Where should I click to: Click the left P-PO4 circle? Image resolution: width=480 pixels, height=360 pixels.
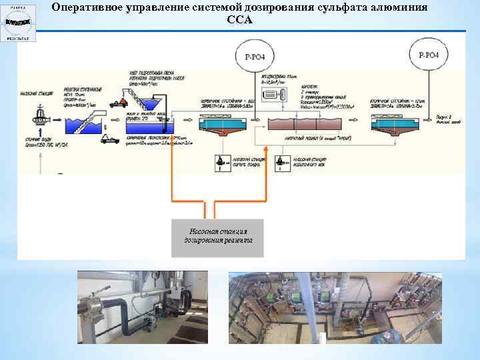click(254, 55)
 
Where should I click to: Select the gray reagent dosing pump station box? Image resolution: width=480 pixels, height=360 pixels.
click(217, 237)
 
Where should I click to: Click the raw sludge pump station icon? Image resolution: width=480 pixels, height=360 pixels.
click(219, 162)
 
